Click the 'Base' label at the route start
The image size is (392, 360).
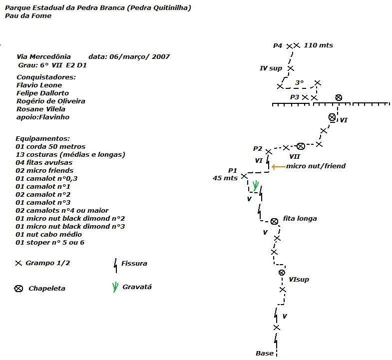tap(265, 353)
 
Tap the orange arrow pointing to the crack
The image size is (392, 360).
tap(278, 166)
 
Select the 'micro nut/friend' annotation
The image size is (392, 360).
tap(316, 166)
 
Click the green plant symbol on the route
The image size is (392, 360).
tap(255, 186)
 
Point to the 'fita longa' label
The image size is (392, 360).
tap(300, 219)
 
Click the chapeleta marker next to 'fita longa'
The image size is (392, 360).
tap(274, 221)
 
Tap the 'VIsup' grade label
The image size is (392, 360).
tap(299, 279)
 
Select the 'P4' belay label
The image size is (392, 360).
tap(278, 45)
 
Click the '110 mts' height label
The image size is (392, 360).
tap(318, 45)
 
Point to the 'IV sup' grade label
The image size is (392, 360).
tap(271, 68)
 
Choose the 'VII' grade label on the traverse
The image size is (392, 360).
tap(295, 156)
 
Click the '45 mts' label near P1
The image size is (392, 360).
tap(225, 178)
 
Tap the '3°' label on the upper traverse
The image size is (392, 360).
tap(299, 82)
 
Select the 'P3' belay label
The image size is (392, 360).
tap(295, 97)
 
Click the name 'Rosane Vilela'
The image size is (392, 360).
tap(41, 109)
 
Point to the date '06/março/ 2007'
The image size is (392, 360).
tap(139, 57)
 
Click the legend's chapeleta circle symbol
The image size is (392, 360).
tap(18, 289)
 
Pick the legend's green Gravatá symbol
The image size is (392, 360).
tap(115, 287)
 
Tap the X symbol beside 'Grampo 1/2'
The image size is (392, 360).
tap(18, 263)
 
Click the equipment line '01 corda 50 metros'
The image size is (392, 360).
tap(50, 146)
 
